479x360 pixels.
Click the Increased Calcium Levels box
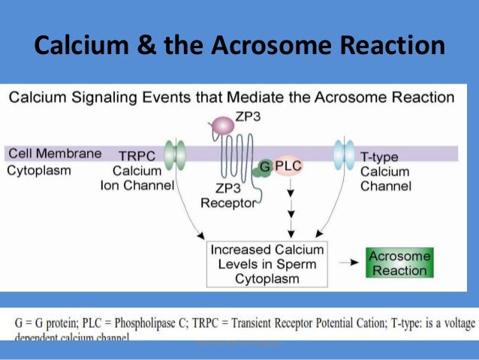coord(267,264)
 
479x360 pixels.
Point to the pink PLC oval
coord(288,165)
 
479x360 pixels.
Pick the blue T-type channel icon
coord(345,153)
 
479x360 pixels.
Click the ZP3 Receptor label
coord(228,195)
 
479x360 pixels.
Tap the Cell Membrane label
coord(55,154)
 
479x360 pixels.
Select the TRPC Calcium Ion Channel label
coord(137,171)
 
